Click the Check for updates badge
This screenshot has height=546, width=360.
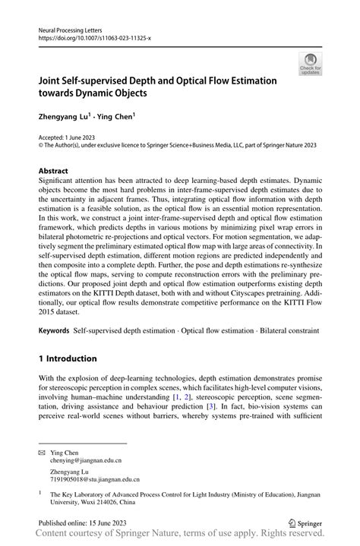point(310,64)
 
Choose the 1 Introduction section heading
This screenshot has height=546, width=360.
point(68,358)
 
